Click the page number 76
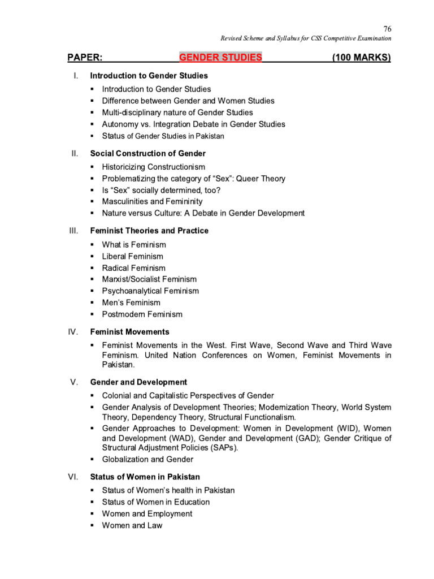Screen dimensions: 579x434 [387, 29]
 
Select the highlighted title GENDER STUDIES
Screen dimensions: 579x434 [220, 58]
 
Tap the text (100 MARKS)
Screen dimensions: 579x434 [362, 58]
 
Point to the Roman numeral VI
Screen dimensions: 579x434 [73, 477]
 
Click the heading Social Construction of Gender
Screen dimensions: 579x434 [148, 154]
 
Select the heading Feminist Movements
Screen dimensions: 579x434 [130, 332]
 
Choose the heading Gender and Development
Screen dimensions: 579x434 [138, 382]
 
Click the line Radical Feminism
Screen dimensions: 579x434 [134, 268]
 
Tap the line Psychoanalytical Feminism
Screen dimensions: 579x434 [150, 291]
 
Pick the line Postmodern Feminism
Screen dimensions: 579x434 [142, 314]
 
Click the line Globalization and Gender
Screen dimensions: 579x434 [148, 460]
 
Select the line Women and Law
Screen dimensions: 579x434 [132, 526]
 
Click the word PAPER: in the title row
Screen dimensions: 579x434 [85, 58]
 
